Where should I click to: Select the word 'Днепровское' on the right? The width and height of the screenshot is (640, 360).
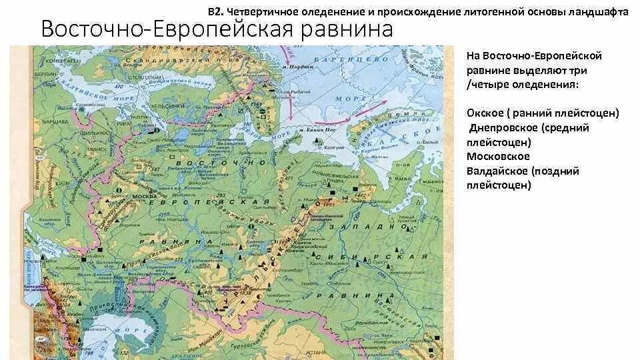click(x=503, y=128)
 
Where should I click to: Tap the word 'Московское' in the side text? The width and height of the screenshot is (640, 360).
click(x=499, y=157)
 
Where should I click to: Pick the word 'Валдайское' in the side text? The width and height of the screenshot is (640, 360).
click(x=498, y=171)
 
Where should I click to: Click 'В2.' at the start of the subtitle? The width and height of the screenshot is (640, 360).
click(x=215, y=11)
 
